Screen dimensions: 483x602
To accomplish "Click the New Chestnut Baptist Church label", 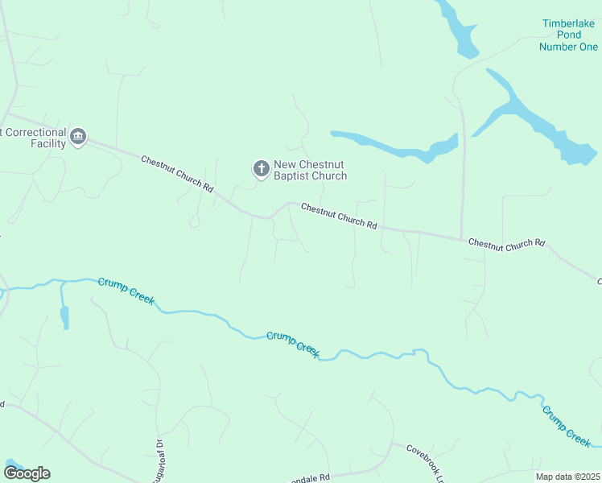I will pyautogui.click(x=311, y=170).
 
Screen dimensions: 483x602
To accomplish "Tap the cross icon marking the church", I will pyautogui.click(x=261, y=168).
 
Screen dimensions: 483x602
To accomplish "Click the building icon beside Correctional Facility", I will pyautogui.click(x=78, y=137).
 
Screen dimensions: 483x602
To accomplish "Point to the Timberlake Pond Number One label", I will pyautogui.click(x=570, y=35).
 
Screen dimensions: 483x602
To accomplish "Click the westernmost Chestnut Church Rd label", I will pyautogui.click(x=177, y=174).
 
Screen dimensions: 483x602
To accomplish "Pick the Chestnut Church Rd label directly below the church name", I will pyautogui.click(x=339, y=216).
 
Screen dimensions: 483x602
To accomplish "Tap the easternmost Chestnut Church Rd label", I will pyautogui.click(x=506, y=243).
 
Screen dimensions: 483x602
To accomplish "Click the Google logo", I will pyautogui.click(x=27, y=473).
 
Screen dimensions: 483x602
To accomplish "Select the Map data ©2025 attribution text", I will pyautogui.click(x=567, y=477).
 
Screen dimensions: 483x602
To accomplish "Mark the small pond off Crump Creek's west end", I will pyautogui.click(x=64, y=316).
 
